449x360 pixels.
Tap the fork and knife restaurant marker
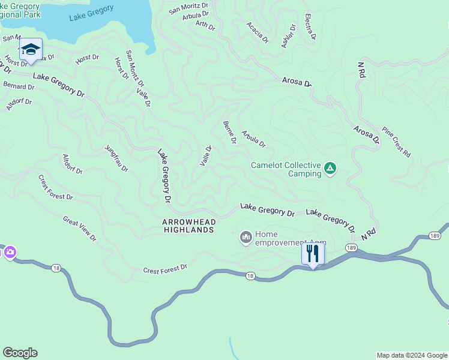313,254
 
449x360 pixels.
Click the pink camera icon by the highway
10,253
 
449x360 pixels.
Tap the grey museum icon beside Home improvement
246,238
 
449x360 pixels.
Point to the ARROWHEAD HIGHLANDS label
188,226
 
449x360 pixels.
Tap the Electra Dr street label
310,27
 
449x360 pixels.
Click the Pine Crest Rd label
397,142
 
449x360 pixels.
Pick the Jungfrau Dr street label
116,158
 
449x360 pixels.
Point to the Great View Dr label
79,229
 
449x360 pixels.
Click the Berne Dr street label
229,133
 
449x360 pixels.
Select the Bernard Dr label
17,86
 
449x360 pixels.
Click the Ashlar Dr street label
288,36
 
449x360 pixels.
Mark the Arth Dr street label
205,25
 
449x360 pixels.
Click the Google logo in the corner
20,353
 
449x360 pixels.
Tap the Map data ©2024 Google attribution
411,355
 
